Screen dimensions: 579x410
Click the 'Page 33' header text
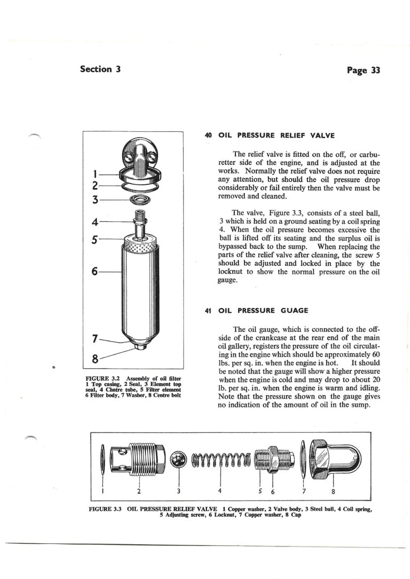[363, 70]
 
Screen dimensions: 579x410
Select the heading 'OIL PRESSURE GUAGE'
[263, 311]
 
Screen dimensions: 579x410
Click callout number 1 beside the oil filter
[94, 173]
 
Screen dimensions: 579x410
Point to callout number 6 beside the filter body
[94, 272]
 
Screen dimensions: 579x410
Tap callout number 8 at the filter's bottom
[94, 358]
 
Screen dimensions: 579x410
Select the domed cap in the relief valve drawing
[334, 457]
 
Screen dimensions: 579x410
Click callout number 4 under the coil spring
[220, 490]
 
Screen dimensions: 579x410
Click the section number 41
[209, 311]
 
